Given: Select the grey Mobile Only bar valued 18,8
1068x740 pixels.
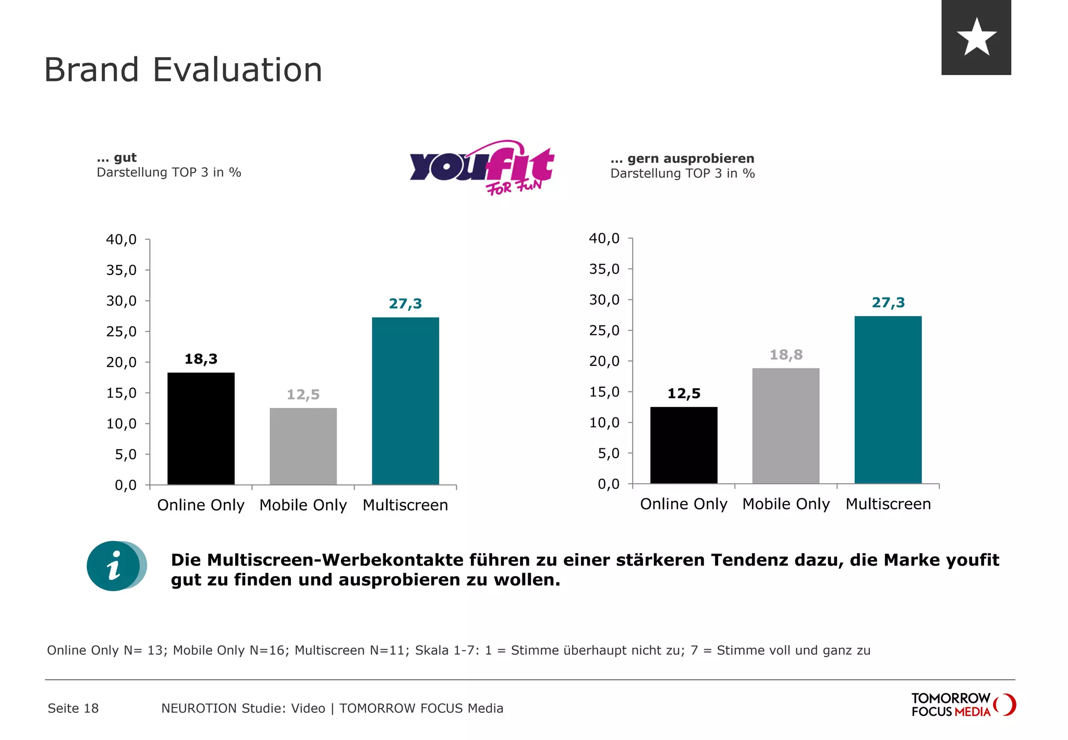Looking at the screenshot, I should click(785, 425).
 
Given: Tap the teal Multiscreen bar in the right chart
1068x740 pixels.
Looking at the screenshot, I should click(888, 399).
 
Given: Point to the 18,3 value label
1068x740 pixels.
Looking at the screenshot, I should click(201, 359).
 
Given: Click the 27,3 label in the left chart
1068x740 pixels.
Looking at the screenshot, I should click(405, 304).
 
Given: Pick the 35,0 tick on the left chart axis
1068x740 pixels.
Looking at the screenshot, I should click(121, 270).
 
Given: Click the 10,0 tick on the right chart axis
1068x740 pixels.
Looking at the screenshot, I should click(604, 423).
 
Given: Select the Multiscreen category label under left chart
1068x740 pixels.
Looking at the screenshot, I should click(405, 505).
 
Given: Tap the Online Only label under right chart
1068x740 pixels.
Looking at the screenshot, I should click(683, 504).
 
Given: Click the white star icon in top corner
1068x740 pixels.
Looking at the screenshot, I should click(976, 37).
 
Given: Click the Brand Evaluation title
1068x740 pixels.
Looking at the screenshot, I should click(183, 70).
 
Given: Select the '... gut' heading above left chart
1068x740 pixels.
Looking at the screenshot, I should click(117, 158).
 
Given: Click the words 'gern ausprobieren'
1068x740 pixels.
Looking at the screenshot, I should click(690, 159).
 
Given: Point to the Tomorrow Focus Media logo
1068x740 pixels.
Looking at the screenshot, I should click(963, 705).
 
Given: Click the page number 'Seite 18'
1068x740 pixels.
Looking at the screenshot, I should click(73, 709).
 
